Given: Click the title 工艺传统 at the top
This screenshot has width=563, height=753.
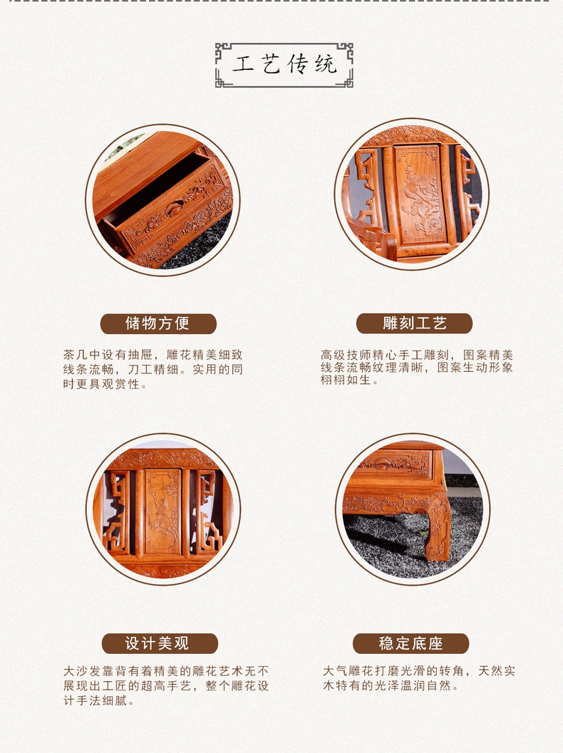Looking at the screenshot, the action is pyautogui.click(x=284, y=64).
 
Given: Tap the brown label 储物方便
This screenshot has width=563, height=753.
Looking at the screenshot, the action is pyautogui.click(x=158, y=323).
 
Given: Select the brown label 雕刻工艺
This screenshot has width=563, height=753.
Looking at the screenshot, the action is pyautogui.click(x=414, y=323).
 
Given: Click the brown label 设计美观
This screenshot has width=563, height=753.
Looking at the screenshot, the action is pyautogui.click(x=160, y=643).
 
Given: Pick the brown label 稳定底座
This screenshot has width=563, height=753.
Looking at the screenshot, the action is pyautogui.click(x=410, y=643).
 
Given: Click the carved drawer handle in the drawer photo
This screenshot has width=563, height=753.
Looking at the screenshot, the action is pyautogui.click(x=175, y=209).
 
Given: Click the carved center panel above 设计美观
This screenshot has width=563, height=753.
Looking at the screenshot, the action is pyautogui.click(x=162, y=512).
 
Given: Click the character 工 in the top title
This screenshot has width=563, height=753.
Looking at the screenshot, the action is pyautogui.click(x=243, y=64).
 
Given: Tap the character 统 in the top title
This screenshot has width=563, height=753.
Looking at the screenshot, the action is pyautogui.click(x=326, y=64).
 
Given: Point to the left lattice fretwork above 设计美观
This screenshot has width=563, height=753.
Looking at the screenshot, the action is pyautogui.click(x=115, y=512).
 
